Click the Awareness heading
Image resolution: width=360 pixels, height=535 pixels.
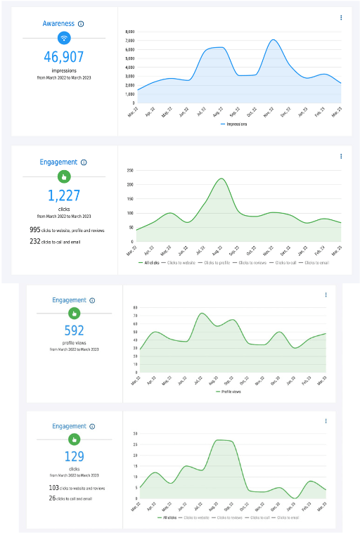click(x=58, y=24)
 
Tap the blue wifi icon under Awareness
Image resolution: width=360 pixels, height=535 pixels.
click(x=63, y=38)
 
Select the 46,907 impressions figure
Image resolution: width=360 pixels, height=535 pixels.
click(x=63, y=57)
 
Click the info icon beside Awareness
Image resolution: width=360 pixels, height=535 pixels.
click(x=81, y=24)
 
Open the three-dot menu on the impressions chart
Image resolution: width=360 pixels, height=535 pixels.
click(x=341, y=18)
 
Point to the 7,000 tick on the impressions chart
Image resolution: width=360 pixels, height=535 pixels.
click(x=129, y=41)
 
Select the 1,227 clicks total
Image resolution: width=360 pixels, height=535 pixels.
click(x=63, y=195)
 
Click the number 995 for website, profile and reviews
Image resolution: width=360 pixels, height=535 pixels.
click(x=35, y=230)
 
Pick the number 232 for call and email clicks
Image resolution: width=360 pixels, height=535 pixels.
click(x=35, y=241)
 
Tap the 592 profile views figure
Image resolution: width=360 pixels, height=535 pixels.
click(x=74, y=330)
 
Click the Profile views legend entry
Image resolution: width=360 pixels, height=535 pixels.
click(x=231, y=391)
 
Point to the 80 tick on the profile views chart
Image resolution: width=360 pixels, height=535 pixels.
click(x=136, y=307)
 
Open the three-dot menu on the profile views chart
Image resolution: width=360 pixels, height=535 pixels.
click(x=326, y=295)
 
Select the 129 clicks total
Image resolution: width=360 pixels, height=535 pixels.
click(x=74, y=457)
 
